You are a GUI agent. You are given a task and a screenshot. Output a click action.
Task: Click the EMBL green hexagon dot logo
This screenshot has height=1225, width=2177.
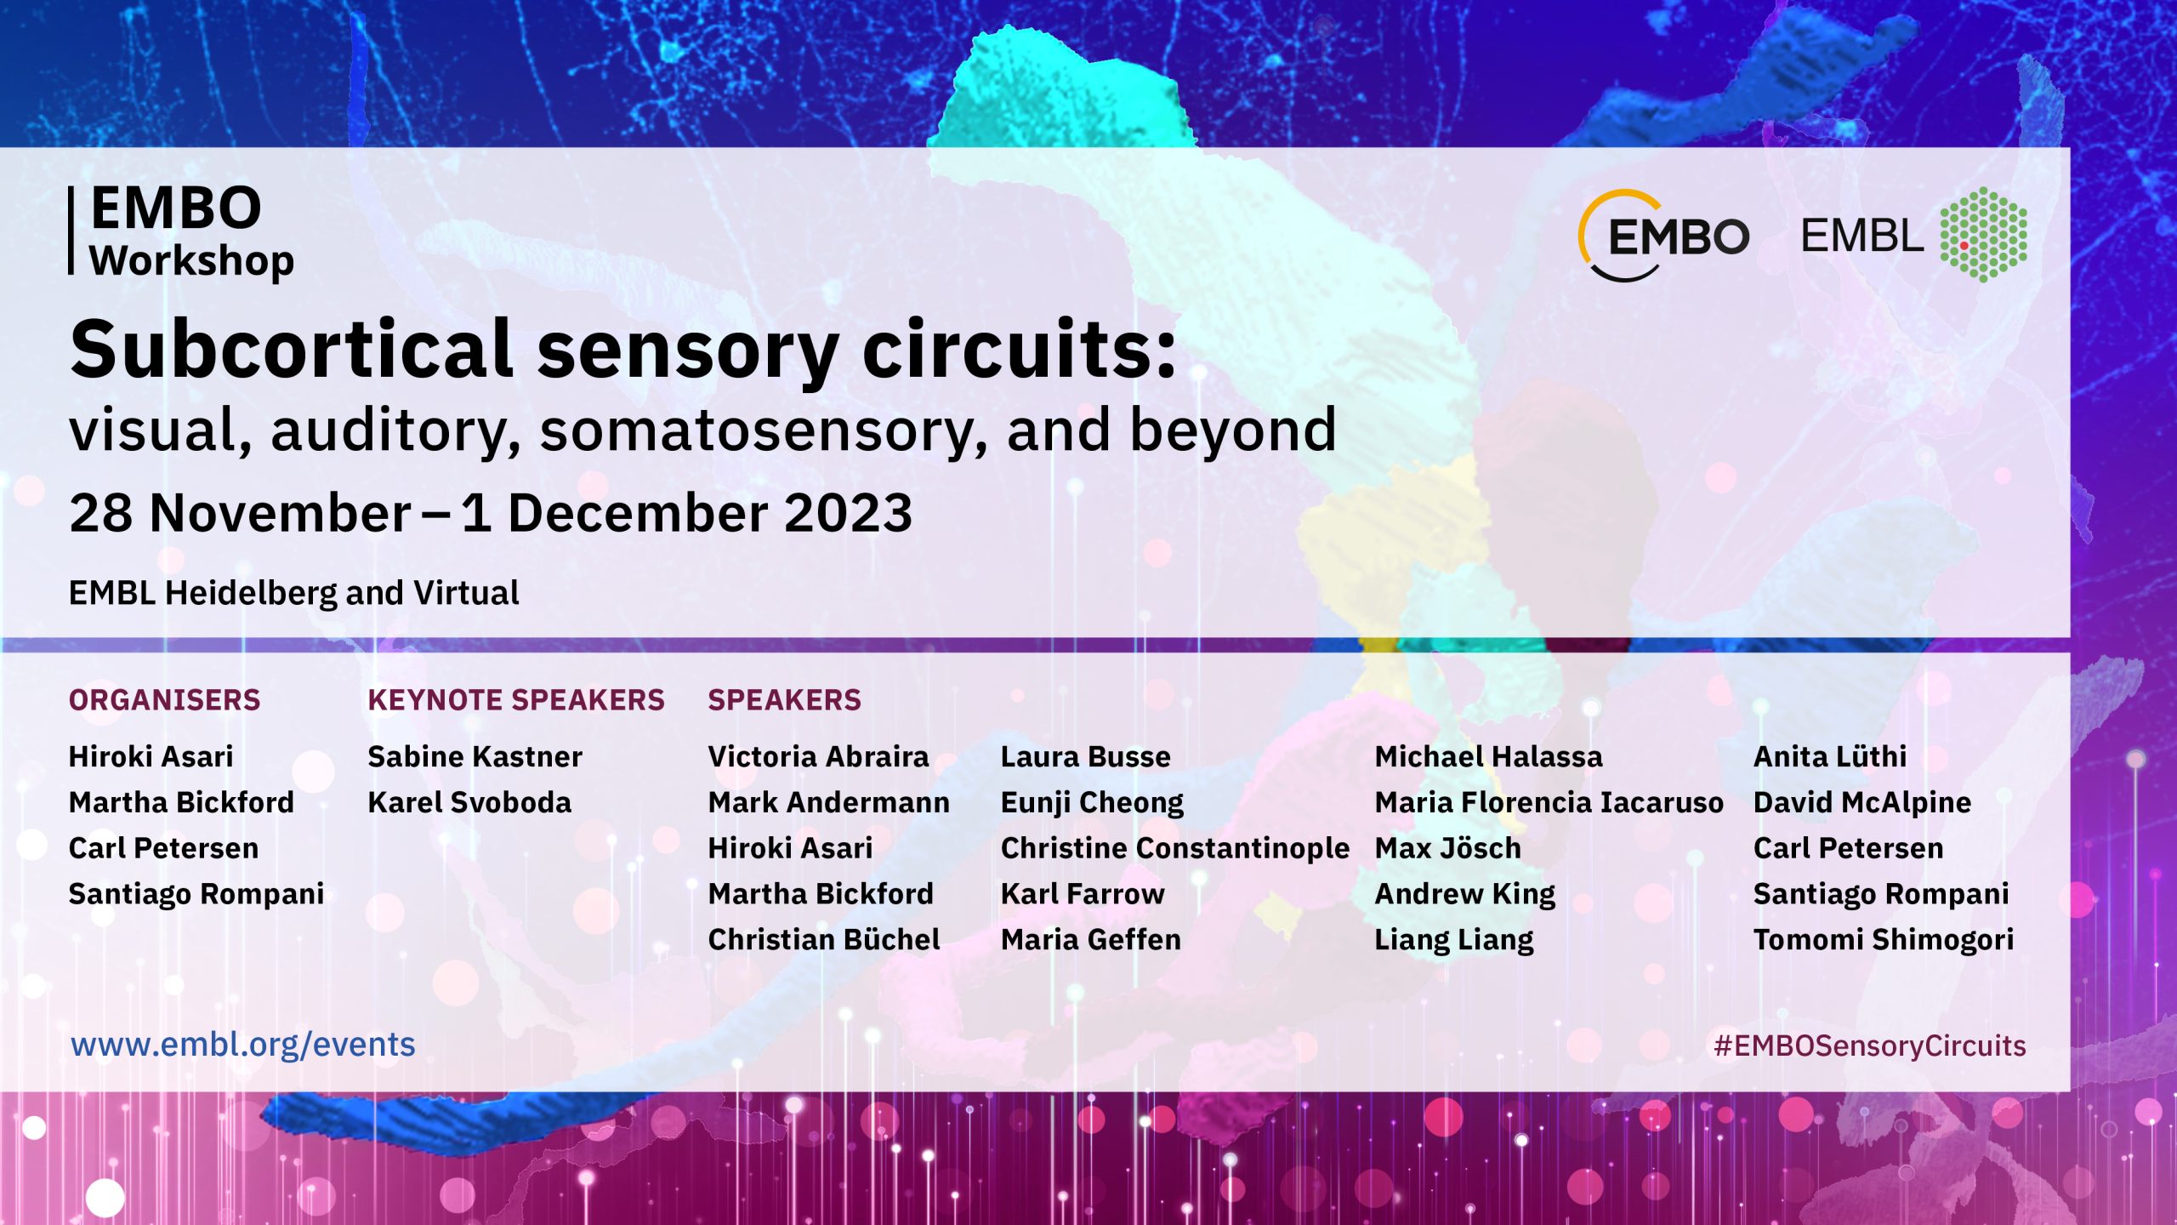point(1983,235)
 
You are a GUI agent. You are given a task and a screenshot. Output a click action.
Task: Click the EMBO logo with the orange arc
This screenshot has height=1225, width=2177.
point(1663,236)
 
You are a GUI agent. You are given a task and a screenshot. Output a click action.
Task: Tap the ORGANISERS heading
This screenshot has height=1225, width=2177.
point(164,700)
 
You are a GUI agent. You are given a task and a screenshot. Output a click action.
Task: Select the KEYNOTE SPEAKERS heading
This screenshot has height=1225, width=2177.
point(515,700)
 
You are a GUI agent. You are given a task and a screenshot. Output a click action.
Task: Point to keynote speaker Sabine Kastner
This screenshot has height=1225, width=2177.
point(475,756)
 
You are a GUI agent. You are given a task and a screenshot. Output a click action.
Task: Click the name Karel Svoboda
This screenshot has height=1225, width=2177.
point(469,802)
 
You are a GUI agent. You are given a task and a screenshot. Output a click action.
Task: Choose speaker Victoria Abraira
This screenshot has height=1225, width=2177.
point(818,756)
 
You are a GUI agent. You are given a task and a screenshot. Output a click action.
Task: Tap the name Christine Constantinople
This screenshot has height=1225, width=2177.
point(1175,848)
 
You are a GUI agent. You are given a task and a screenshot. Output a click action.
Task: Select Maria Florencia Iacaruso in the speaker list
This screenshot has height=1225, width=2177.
point(1549,802)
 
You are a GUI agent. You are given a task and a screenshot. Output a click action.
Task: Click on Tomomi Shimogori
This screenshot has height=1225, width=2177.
point(1884,940)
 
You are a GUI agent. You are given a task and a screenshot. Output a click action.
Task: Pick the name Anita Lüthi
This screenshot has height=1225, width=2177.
point(1830,756)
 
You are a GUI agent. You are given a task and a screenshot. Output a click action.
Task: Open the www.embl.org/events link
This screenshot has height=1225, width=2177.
point(243,1045)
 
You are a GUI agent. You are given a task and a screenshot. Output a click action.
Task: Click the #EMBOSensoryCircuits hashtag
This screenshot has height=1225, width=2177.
point(1870,1046)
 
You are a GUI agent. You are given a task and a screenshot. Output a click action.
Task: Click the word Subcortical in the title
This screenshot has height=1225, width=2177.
point(292,349)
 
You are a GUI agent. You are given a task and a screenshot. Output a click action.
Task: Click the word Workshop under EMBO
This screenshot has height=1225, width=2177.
point(192,261)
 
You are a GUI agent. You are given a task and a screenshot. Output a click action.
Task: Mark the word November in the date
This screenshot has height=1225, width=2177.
point(281,513)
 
